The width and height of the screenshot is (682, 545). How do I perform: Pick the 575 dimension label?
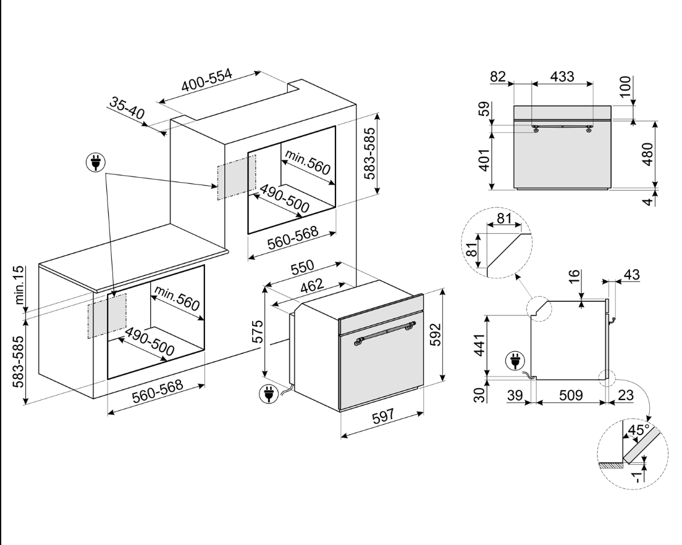point(259,331)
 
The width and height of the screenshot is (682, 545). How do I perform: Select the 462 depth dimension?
point(312,286)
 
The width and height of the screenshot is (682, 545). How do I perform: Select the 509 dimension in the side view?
point(570,395)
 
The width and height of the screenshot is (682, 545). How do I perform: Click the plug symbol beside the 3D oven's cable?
point(268,393)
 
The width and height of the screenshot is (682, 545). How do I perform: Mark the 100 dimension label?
point(626,89)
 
